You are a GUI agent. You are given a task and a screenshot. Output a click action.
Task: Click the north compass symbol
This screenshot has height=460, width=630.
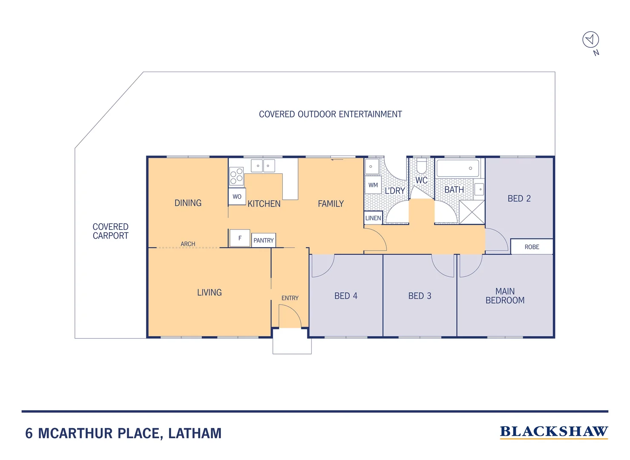pos(590,40)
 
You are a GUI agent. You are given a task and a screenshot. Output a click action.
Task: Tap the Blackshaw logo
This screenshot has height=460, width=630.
pos(553,432)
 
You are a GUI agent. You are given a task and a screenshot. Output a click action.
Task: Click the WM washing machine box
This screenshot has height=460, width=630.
pos(373,185)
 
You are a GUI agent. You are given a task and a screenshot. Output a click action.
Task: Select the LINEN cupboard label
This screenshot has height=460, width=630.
pos(373,218)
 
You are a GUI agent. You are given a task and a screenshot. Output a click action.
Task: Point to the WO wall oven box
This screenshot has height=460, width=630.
pos(237,197)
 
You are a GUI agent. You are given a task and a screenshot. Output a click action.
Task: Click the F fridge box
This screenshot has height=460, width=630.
pos(240,238)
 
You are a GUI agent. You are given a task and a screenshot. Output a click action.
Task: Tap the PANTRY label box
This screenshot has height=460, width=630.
pos(263,241)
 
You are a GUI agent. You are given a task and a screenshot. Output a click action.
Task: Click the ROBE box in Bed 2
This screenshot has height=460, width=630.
pos(532,247)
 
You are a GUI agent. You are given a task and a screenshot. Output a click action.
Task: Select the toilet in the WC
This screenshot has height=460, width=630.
pos(421,166)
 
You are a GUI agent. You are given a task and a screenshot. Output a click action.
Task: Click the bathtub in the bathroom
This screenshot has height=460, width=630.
pos(458,168)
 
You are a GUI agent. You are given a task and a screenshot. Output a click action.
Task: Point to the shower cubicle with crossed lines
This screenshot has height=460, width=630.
pos(472,212)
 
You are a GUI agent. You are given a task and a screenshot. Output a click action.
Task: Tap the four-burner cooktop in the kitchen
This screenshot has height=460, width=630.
pos(236,176)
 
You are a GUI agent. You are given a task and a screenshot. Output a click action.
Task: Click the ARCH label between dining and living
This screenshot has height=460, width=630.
pos(188,244)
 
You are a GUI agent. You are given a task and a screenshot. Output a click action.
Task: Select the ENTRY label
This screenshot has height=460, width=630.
pos(290,298)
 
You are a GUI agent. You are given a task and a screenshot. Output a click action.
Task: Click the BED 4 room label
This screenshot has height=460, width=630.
pos(346,296)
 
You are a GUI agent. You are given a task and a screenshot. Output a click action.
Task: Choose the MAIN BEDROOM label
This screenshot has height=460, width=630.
pos(505,296)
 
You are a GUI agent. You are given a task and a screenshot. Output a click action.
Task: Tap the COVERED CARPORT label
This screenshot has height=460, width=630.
pos(111,231)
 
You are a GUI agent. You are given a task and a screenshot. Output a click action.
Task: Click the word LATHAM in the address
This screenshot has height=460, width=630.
pos(195,434)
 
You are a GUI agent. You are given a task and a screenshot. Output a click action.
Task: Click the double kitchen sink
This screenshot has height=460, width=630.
pos(263,166)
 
